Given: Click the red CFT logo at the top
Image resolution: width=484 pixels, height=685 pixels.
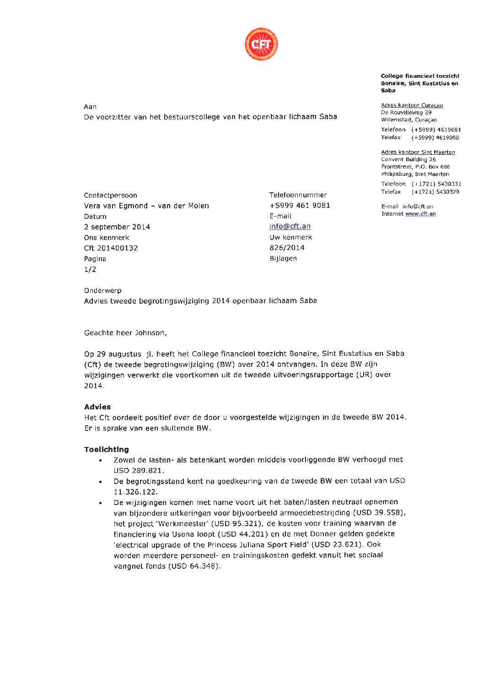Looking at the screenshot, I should (x=261, y=44).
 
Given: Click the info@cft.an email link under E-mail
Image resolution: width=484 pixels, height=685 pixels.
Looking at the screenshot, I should (x=290, y=226).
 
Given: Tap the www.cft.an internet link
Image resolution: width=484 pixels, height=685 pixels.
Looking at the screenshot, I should (x=420, y=214).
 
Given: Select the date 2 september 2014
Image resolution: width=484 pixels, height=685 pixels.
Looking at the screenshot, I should (x=117, y=227).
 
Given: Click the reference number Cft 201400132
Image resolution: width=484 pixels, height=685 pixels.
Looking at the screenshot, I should (x=111, y=248).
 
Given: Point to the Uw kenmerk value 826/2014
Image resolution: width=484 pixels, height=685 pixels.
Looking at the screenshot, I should (x=287, y=248).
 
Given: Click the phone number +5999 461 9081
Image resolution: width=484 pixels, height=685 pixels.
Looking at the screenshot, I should (x=300, y=206).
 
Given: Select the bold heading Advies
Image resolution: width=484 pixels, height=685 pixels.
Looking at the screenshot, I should (x=97, y=407).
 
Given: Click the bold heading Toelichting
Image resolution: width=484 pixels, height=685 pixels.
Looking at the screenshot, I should (x=107, y=449).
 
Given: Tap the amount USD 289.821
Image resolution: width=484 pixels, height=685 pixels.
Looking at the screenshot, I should (x=139, y=470).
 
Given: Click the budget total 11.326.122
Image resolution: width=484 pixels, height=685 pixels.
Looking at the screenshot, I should (x=135, y=492).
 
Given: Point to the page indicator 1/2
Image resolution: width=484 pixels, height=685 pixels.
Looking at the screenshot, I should (x=90, y=269).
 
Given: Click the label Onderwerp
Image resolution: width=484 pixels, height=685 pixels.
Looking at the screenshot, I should (x=102, y=290).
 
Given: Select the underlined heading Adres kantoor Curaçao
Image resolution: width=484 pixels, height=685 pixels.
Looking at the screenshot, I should (x=412, y=105).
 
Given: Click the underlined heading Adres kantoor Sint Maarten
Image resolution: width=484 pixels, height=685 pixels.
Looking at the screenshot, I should (x=418, y=152).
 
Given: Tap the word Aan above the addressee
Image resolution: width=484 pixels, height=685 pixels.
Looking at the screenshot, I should (x=90, y=107).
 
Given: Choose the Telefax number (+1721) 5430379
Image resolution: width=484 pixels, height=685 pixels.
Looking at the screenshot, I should (x=435, y=192).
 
